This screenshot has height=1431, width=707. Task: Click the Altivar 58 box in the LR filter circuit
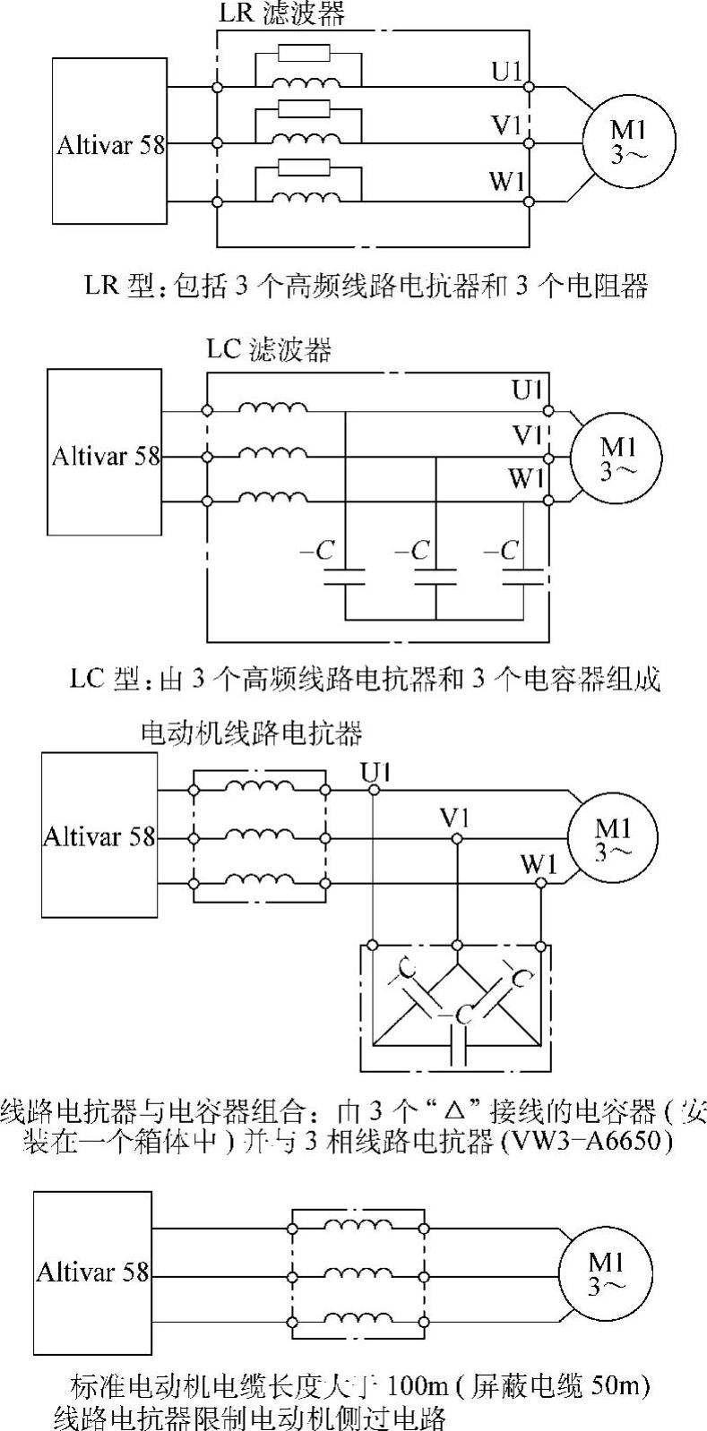(x=109, y=141)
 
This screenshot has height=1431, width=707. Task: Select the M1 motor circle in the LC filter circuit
(x=616, y=457)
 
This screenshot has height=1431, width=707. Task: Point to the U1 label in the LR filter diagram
(x=506, y=70)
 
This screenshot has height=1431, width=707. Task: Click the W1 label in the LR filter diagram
(x=506, y=182)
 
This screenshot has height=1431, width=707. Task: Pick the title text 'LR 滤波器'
(x=282, y=13)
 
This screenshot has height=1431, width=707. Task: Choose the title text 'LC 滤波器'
(x=269, y=349)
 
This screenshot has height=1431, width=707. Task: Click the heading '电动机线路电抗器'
(x=252, y=733)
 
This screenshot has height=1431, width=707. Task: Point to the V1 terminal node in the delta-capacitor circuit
(x=457, y=837)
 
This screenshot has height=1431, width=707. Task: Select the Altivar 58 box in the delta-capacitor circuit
(x=99, y=835)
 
